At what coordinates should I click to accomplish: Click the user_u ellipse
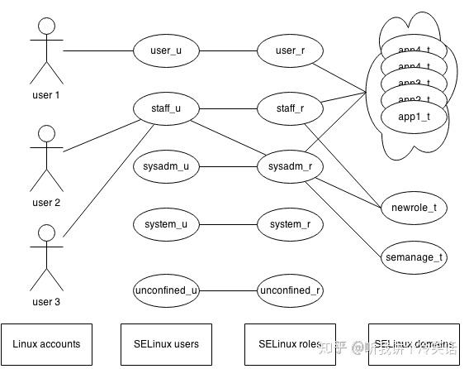[166, 50]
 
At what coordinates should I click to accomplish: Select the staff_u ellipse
[166, 108]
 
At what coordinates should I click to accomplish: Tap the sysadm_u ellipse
[166, 166]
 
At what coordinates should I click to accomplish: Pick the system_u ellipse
[166, 223]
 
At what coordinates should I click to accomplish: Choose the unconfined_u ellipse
[166, 290]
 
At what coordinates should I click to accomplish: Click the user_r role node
[290, 50]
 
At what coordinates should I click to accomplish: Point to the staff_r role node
[290, 108]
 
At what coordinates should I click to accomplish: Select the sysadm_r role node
[290, 166]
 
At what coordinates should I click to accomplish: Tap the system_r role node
[290, 223]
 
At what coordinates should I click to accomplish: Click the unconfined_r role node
[290, 290]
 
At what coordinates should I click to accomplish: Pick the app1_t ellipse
[414, 117]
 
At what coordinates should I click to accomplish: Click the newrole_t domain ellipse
[414, 208]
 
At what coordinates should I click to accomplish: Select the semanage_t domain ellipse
[414, 257]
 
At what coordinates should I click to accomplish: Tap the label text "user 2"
[46, 202]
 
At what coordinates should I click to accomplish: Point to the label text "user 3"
[46, 302]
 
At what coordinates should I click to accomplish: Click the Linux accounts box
[46, 343]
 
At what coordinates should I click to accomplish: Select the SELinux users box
[166, 343]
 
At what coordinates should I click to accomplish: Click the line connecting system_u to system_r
[228, 223]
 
